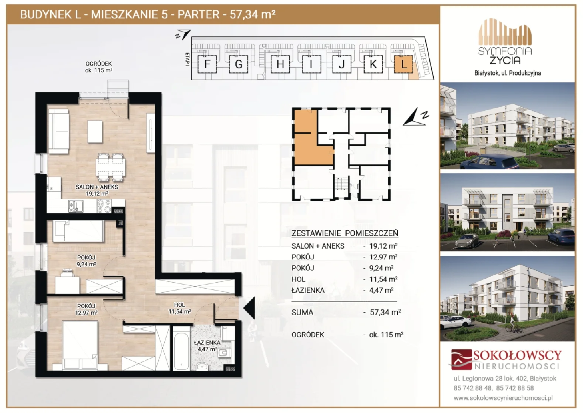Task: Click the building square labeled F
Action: tap(207, 64)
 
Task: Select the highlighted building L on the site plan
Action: tap(403, 64)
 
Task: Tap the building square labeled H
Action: tap(280, 64)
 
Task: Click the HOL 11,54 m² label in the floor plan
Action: tap(180, 308)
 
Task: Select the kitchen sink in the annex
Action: tap(76, 206)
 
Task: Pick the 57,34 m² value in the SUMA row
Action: tap(385, 312)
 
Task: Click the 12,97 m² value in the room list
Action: tap(383, 257)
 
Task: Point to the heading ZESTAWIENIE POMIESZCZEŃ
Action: tap(345, 233)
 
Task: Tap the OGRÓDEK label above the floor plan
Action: tap(99, 64)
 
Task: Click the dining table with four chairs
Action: tap(110, 167)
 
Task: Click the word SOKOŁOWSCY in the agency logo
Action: tap(517, 355)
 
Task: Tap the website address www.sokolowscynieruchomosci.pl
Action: tap(503, 398)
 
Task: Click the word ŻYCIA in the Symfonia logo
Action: tap(505, 60)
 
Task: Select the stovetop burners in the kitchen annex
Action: tap(104, 206)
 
